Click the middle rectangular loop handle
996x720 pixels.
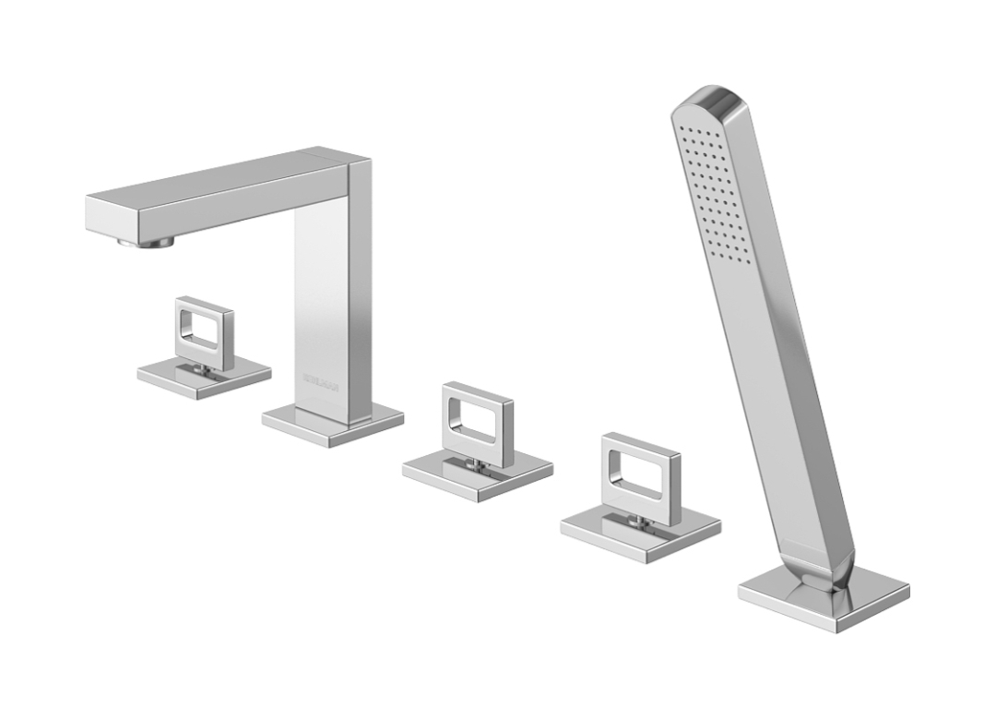tap(477, 422)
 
